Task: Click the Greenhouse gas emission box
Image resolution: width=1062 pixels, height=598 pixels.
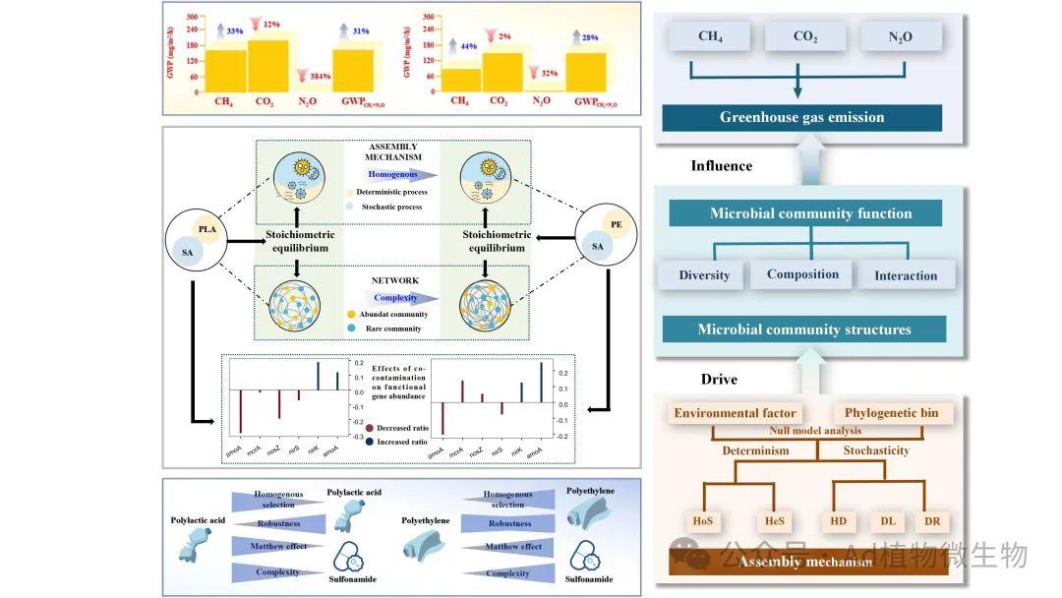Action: click(801, 117)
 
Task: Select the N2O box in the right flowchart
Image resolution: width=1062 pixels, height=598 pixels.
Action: click(901, 37)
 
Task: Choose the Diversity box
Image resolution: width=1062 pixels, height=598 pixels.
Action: click(704, 274)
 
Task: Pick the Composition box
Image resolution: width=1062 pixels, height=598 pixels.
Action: click(802, 273)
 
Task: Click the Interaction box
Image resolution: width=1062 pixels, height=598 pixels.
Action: click(906, 275)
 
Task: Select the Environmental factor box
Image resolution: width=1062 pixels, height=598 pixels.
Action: click(735, 413)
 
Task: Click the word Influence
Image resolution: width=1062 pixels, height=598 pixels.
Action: click(721, 166)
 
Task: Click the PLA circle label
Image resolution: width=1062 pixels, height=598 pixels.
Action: click(207, 230)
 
